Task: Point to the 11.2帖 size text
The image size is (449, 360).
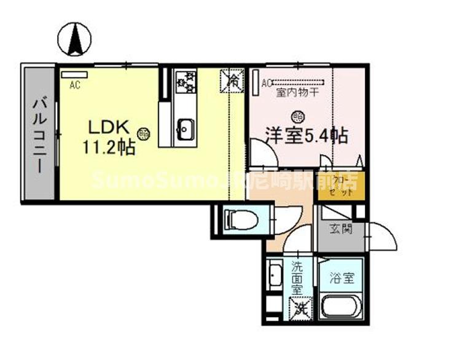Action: (109, 147)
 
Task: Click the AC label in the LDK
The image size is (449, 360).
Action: (75, 85)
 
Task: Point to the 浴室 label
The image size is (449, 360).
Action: (342, 278)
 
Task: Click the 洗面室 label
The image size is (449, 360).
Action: (297, 276)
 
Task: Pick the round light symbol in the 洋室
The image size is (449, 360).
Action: (297, 115)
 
